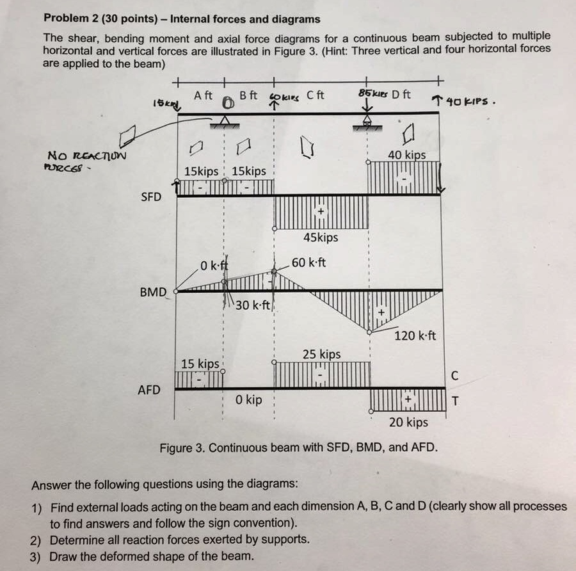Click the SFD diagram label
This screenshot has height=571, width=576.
(151, 197)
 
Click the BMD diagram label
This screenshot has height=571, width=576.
(154, 293)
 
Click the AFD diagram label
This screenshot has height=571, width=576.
(149, 390)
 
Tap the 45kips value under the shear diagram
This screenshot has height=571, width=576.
(321, 237)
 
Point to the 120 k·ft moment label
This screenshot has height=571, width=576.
(415, 335)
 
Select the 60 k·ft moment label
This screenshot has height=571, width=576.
(308, 262)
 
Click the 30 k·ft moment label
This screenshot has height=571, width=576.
(253, 305)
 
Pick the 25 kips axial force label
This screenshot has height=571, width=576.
(321, 354)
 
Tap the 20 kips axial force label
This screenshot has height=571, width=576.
(408, 422)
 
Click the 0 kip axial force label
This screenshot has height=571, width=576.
(248, 400)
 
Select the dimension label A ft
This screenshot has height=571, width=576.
(203, 95)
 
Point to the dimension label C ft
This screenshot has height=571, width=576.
(316, 95)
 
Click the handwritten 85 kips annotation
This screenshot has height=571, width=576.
(374, 94)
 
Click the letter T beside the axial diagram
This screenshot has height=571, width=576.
(455, 402)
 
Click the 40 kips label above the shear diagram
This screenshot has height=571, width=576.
(406, 155)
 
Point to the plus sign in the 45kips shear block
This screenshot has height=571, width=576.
(321, 212)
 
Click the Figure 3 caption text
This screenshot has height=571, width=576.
(299, 447)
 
